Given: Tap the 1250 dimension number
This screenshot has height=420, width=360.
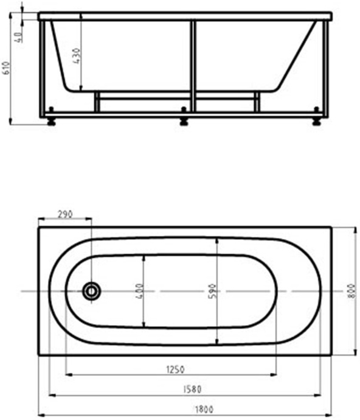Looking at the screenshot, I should coord(173,369).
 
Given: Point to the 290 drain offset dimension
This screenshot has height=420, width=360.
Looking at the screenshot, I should coord(65,214).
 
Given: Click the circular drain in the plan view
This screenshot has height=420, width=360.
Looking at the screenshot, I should coord(91,291).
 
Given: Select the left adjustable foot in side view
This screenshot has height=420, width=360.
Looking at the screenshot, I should coord(51,121).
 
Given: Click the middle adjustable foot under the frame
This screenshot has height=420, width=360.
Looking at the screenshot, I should coord(184,121).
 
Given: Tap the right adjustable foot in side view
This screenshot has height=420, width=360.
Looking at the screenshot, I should coord(317,121).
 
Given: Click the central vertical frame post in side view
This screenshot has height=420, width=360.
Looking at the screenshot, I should coord(193,67).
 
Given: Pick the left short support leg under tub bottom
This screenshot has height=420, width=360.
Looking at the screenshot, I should coord(95,102).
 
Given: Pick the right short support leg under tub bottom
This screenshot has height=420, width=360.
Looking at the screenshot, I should coord(257,102).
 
